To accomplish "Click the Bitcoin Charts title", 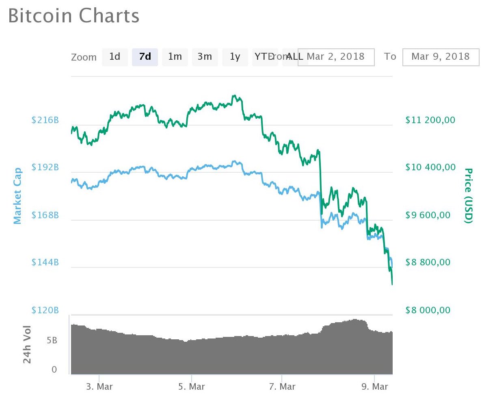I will tap(73, 16).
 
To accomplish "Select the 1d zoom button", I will tap(115, 56).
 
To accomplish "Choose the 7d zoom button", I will tap(145, 56).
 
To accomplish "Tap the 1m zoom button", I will tap(175, 56).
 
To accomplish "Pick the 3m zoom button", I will tap(205, 56).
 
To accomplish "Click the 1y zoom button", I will tap(235, 56).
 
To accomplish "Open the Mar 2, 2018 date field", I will tap(336, 56).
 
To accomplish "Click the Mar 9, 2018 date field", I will tap(441, 56).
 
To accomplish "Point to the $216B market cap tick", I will tap(45, 120).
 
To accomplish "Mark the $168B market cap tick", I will tap(45, 215).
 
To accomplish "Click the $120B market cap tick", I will tap(45, 310).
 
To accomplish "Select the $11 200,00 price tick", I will tap(430, 120).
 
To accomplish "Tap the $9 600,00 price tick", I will tap(428, 215).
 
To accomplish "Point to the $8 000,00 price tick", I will tap(428, 310).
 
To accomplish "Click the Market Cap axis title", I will tap(17, 196).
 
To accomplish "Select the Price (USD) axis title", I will tap(469, 195).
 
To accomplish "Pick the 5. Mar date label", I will tap(191, 386).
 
